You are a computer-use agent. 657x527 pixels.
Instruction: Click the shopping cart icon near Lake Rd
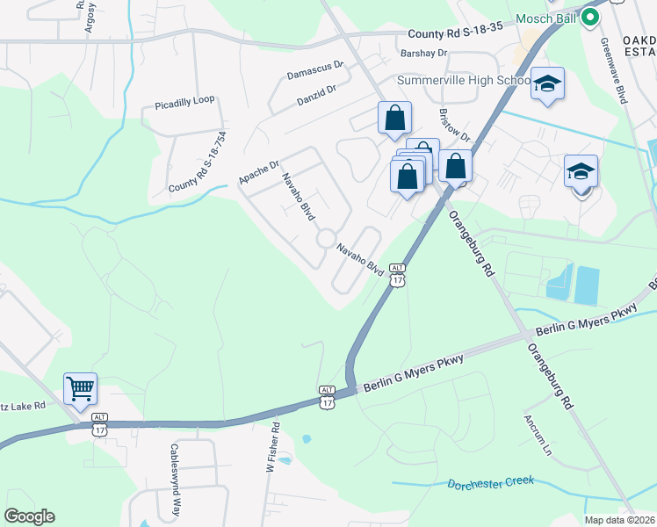tap(80, 387)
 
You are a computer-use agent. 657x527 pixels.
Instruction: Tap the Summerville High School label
tap(463, 80)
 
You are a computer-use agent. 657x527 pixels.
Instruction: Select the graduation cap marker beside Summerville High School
tap(547, 84)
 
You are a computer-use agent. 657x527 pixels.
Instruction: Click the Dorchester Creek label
tap(490, 484)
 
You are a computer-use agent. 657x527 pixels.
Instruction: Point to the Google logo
tap(29, 516)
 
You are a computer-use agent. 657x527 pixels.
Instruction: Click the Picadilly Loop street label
tap(184, 102)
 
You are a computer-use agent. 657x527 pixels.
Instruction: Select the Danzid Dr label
tap(316, 94)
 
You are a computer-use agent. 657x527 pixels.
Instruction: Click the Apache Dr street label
tap(258, 172)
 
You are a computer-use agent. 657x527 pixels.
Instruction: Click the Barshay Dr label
tap(423, 54)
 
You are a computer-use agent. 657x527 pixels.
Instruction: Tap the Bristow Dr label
tap(455, 127)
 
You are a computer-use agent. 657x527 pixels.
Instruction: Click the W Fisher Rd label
tap(273, 447)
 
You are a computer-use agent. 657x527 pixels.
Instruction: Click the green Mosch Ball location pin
tap(591, 17)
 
